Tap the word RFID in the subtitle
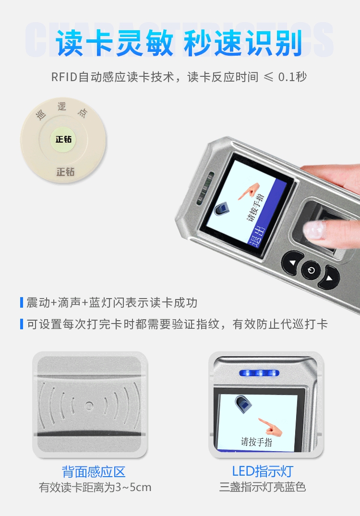point(64,77)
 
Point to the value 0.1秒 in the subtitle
point(292,77)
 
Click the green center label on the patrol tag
point(63,139)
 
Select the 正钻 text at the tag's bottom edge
point(65,171)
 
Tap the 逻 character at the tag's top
point(62,107)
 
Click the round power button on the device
point(311,271)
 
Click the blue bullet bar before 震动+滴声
point(22,302)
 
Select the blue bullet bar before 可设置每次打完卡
point(22,324)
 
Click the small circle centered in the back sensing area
point(89,406)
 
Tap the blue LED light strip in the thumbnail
point(259,373)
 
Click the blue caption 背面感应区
point(94,472)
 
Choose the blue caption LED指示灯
point(263,471)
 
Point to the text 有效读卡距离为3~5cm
point(95,487)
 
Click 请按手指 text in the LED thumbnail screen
point(256,442)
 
